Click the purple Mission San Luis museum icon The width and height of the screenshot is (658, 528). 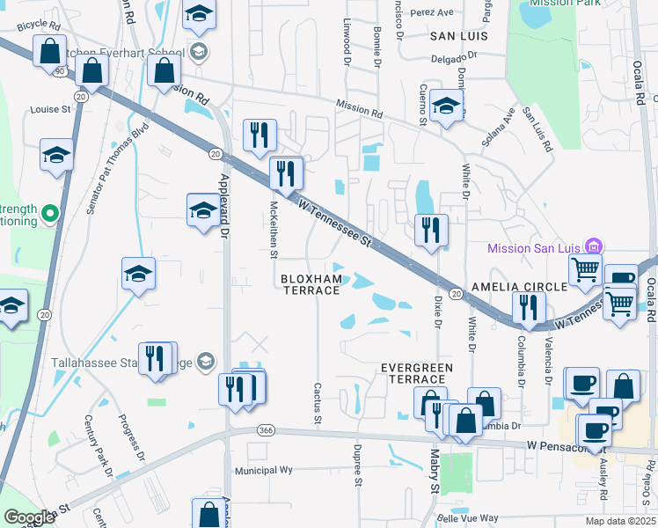pos(594,246)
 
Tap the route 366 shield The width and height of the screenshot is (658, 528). pos(265,430)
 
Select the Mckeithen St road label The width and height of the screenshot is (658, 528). pos(274,228)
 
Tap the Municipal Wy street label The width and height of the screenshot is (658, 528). pos(263,471)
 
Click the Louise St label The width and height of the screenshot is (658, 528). pos(50,110)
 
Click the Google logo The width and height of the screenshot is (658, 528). pos(28,517)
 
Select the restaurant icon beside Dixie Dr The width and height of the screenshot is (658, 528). pos(431,231)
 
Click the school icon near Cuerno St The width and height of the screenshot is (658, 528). pos(447,107)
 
